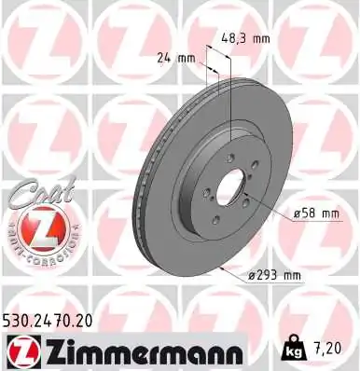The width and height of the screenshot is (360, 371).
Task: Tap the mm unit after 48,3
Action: pos(260,38)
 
